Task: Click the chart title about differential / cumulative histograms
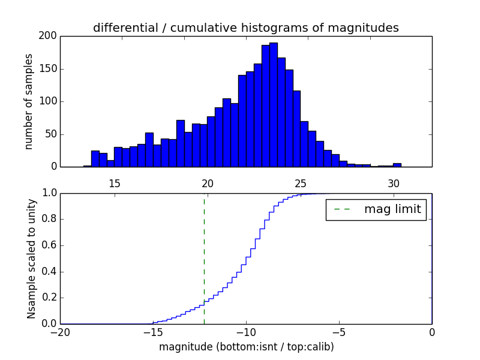(x=246, y=28)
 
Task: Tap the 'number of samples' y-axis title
(x=29, y=101)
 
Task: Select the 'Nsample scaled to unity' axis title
(x=31, y=258)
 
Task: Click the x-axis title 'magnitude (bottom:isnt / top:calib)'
(x=246, y=347)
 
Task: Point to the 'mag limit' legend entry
(x=376, y=209)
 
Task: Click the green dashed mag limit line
(x=204, y=258)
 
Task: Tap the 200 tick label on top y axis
(x=49, y=36)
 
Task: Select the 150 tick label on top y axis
(x=49, y=68)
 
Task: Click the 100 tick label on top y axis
(x=49, y=101)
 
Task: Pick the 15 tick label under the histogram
(x=115, y=184)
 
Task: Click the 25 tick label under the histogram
(x=301, y=184)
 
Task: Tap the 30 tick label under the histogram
(x=394, y=184)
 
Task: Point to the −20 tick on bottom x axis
(x=60, y=332)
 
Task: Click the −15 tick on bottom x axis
(x=153, y=332)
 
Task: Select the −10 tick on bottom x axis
(x=246, y=332)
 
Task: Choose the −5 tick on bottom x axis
(x=339, y=332)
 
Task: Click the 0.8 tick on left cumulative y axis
(x=49, y=219)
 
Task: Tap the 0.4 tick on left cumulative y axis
(x=49, y=272)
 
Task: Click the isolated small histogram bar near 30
(x=397, y=165)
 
